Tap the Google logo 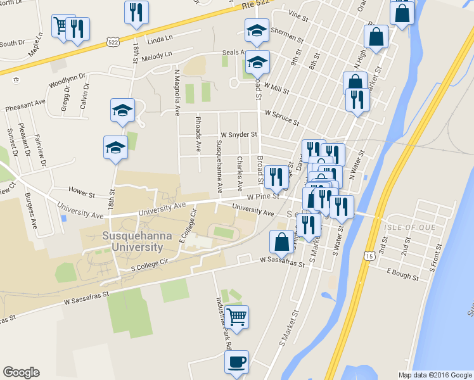click(x=21, y=372)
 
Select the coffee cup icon click(x=236, y=362)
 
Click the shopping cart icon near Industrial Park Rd click(x=236, y=317)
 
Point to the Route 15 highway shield click(x=368, y=255)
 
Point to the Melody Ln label click(x=158, y=56)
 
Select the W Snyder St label click(x=239, y=135)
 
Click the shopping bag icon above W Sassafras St click(x=281, y=242)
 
